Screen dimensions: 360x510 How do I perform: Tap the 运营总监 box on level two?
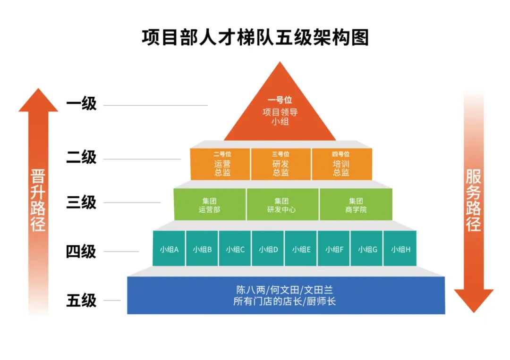(220, 164)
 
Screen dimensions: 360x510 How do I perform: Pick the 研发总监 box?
(280, 164)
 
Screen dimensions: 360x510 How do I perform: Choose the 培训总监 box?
(341, 164)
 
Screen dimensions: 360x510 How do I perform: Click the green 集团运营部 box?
(210, 204)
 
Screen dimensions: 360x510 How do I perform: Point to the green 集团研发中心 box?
(282, 204)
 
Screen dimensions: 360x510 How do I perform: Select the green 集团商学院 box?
(356, 204)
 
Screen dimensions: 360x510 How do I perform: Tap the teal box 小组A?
(169, 249)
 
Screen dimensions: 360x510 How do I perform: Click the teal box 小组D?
(268, 249)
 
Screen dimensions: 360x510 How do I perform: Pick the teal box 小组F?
(334, 249)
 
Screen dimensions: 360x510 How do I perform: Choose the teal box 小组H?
(400, 249)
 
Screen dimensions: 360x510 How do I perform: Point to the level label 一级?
(81, 104)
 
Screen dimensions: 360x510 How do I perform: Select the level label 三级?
(81, 202)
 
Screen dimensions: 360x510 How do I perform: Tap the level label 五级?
(81, 300)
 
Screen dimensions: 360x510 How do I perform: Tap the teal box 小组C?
(235, 249)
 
